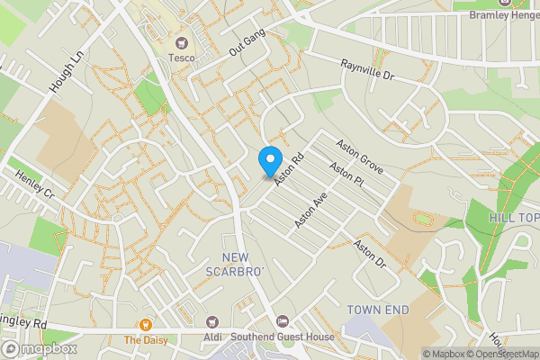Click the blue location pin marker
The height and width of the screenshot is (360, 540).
pyautogui.click(x=269, y=161)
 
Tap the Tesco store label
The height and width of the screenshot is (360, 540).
pyautogui.click(x=181, y=58)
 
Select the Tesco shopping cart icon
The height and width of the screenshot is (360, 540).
pyautogui.click(x=181, y=42)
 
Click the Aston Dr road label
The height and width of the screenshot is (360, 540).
pyautogui.click(x=369, y=254)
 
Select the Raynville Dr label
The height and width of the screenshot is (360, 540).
pyautogui.click(x=368, y=71)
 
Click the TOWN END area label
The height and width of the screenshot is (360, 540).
pyautogui.click(x=378, y=310)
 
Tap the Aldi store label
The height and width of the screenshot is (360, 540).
pyautogui.click(x=213, y=337)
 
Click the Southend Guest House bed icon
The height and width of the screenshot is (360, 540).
pyautogui.click(x=283, y=321)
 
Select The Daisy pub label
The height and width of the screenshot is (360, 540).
pyautogui.click(x=143, y=340)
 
